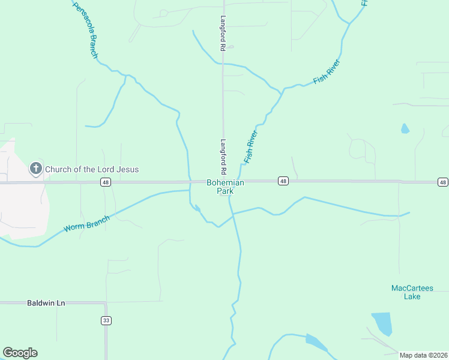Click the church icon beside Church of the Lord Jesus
click(x=36, y=169)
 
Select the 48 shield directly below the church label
click(x=104, y=181)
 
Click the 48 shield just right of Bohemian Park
click(x=283, y=181)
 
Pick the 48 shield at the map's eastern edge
click(x=442, y=182)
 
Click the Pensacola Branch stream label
click(x=85, y=31)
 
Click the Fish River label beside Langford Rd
click(x=251, y=147)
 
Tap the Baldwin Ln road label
click(x=46, y=303)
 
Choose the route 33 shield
click(x=106, y=320)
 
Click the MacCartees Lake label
click(x=412, y=292)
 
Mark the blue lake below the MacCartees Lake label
click(x=382, y=323)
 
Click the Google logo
click(x=20, y=353)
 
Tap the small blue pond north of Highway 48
click(x=405, y=128)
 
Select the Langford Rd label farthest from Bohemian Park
click(x=223, y=32)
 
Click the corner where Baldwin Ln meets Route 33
click(x=106, y=303)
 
